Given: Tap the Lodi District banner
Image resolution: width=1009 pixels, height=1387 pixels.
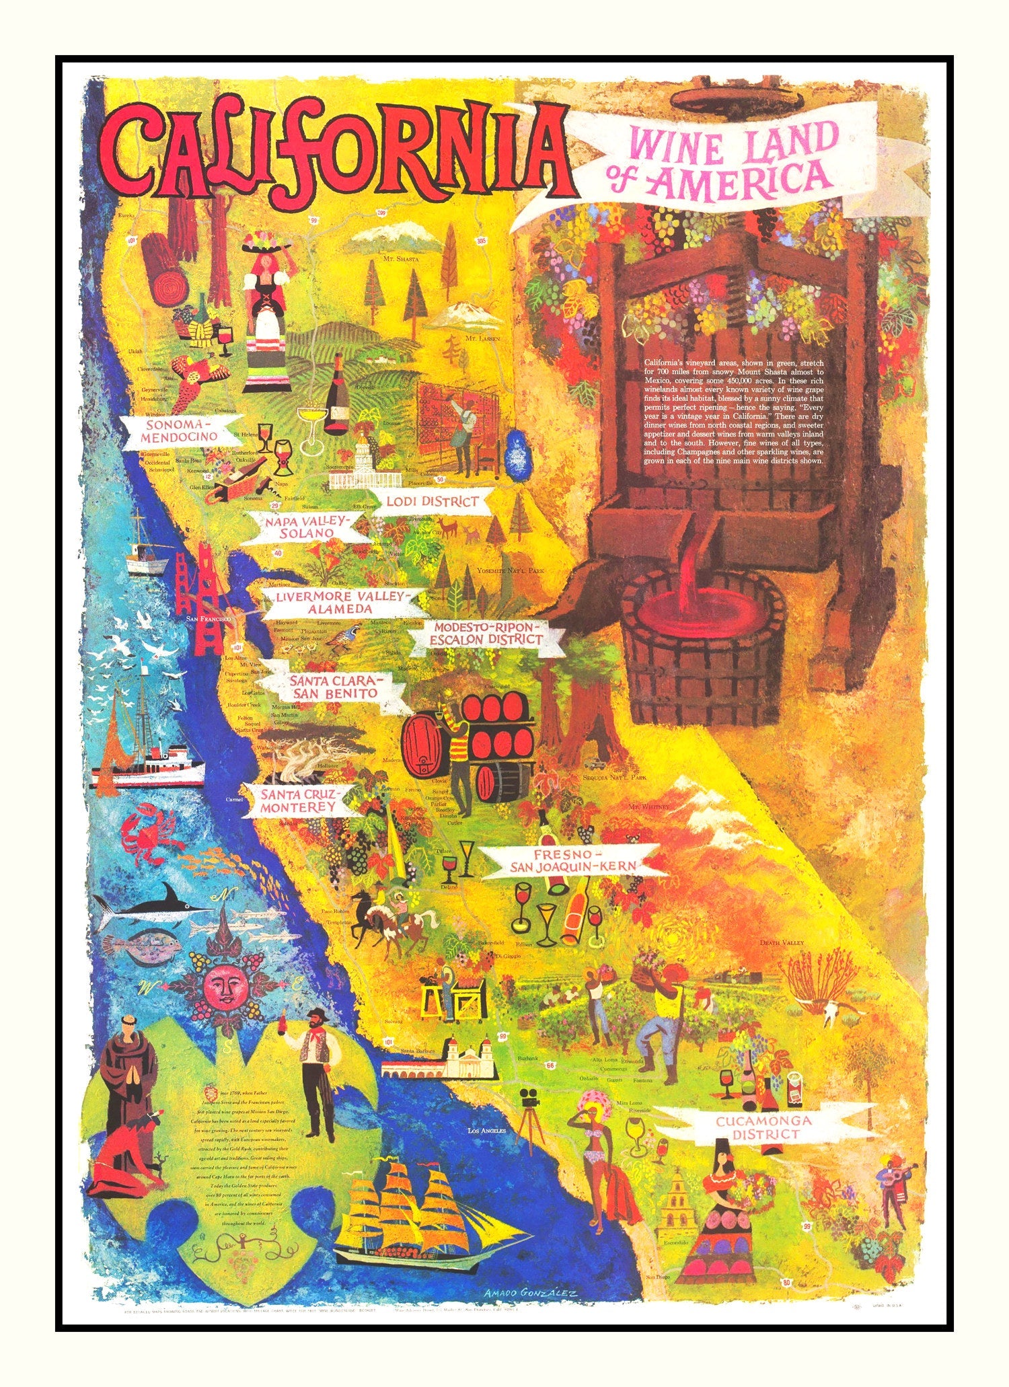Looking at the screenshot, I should tap(432, 502).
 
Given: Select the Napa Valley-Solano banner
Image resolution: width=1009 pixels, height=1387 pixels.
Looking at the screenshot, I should tap(299, 526).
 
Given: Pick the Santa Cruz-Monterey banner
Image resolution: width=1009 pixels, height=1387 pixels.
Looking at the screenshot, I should tap(299, 800).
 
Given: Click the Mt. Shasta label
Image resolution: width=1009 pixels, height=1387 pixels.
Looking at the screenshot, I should tap(401, 258).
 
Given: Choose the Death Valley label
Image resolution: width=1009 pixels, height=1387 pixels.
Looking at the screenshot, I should tap(782, 942).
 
